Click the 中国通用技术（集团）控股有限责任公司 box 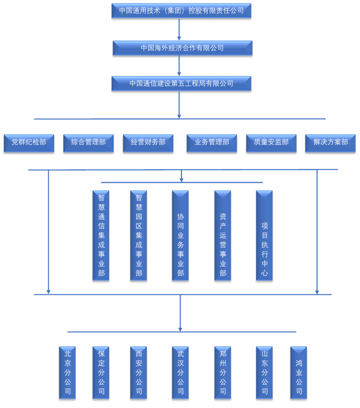181,10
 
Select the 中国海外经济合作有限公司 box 182,48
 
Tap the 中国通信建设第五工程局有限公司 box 181,83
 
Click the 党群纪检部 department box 29,142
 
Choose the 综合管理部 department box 88,142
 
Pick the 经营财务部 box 148,142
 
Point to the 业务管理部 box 212,142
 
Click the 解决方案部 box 330,142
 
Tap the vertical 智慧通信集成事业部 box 101,235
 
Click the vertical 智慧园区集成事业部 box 139,235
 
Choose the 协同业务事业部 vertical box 180,235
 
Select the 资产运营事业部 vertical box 223,235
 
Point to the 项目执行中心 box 264,235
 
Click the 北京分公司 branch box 67,372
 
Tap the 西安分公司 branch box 139,372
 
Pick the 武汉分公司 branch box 180,372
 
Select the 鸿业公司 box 299,372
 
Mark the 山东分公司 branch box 264,372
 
